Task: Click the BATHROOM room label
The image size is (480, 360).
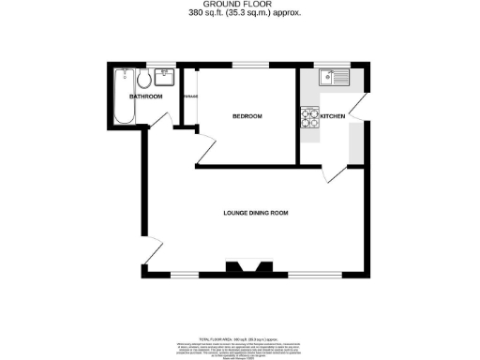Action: tap(145, 97)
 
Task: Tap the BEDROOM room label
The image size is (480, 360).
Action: tap(247, 115)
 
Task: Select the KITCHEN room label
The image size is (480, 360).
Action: tap(333, 116)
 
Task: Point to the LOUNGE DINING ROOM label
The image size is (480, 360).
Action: tap(255, 213)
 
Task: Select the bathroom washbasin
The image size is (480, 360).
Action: tap(164, 75)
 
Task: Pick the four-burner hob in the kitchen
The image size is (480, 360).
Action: tap(309, 119)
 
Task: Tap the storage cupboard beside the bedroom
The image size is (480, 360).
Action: tap(189, 98)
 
